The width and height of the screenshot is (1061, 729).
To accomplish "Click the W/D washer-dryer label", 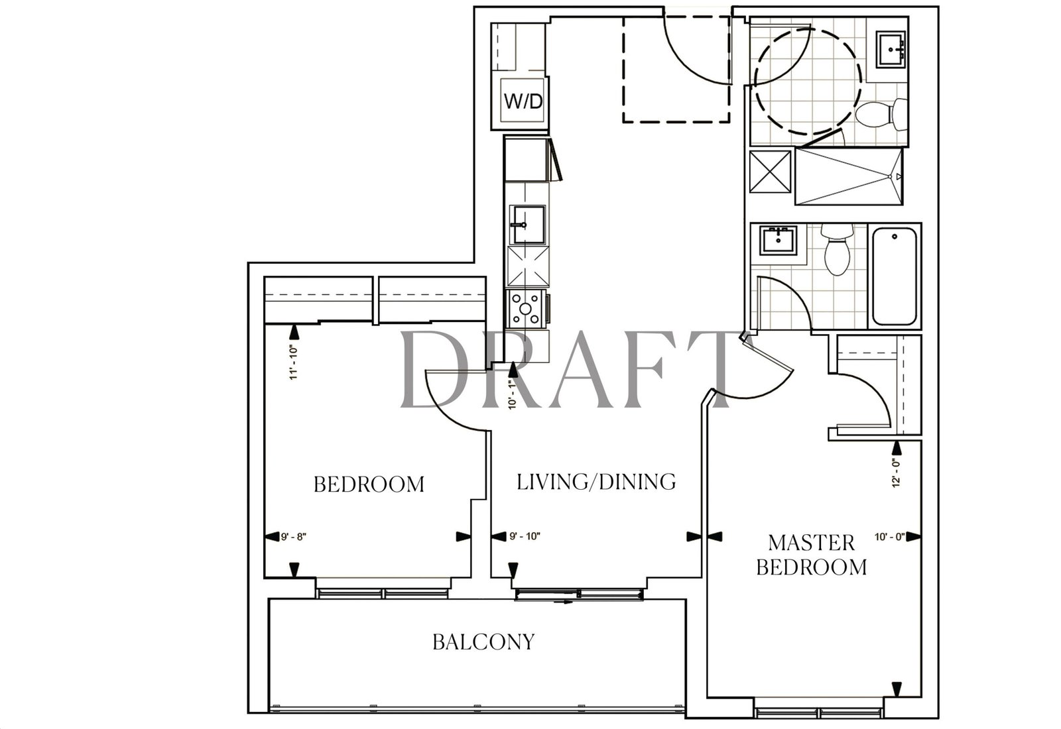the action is tap(523, 101).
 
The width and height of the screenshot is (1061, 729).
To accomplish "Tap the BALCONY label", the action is tap(483, 642).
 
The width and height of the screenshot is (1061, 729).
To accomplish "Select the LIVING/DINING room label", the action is tap(596, 482).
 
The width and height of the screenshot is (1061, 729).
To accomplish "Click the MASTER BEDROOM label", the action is tap(812, 555).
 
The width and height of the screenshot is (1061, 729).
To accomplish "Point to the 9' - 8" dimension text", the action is tap(294, 537).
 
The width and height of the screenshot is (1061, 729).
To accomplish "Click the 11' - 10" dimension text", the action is tap(294, 364).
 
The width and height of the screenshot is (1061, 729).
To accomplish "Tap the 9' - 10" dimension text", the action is tap(525, 536).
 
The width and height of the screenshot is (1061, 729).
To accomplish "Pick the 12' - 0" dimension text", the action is tap(895, 473).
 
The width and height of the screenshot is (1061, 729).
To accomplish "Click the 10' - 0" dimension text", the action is tap(890, 537).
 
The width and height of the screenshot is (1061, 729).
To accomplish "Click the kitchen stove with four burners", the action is tap(525, 309).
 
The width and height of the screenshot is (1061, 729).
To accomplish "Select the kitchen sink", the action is tap(527, 225).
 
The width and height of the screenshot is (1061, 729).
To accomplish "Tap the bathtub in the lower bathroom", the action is tap(894, 276).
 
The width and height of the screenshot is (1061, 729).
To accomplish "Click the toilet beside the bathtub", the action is tap(837, 250).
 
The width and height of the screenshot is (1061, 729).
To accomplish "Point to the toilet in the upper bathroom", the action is tap(881, 115).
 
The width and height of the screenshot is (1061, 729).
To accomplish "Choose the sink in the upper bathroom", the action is tap(891, 49).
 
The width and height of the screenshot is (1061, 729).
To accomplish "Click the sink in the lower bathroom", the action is tap(779, 240).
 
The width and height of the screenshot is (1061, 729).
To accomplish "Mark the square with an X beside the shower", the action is tap(770, 172).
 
